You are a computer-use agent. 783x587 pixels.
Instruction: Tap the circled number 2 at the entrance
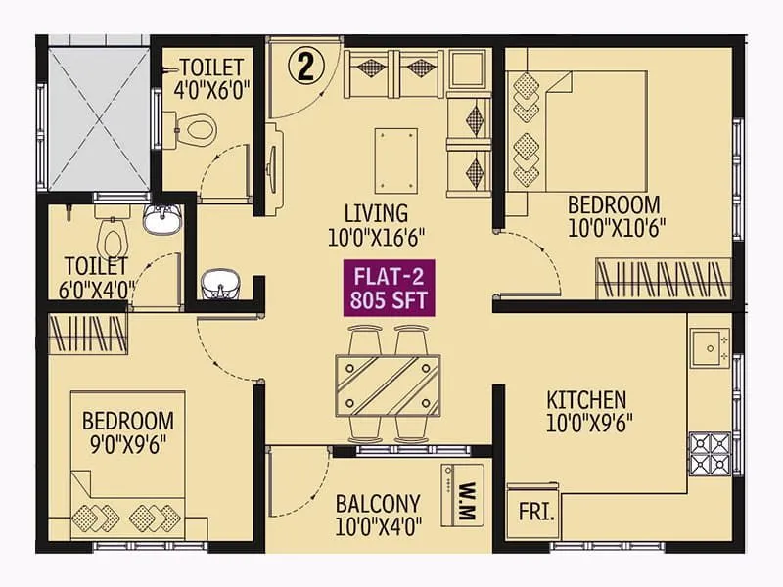coord(306,67)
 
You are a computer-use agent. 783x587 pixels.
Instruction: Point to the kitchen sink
coord(708,344)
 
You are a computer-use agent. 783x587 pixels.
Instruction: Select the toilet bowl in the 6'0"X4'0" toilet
coord(111,235)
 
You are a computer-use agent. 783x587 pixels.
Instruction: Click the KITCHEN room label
coord(585,399)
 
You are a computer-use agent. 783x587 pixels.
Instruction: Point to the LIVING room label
coord(376,212)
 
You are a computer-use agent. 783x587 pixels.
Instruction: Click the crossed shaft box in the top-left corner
coord(98,116)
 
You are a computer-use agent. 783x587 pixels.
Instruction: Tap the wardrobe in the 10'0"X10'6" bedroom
coord(664,279)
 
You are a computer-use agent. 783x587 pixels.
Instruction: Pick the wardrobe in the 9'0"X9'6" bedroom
coord(88,332)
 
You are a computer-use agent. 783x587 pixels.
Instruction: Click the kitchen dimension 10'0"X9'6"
coord(585,424)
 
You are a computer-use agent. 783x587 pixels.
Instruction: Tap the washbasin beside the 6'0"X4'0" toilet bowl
coord(161,220)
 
